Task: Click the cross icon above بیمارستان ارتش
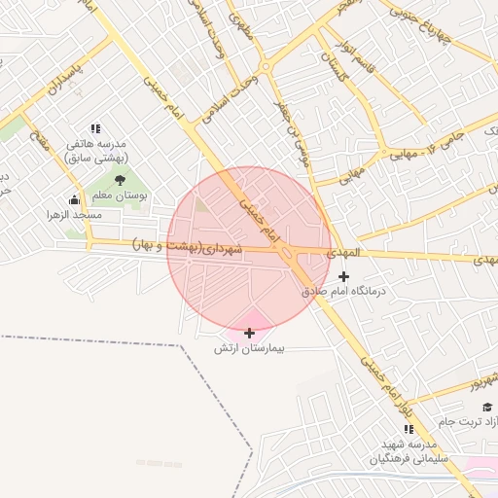pyautogui.click(x=250, y=333)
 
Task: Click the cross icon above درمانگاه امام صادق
pyautogui.click(x=343, y=277)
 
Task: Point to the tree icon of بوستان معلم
pyautogui.click(x=120, y=180)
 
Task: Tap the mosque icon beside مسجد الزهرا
pyautogui.click(x=75, y=200)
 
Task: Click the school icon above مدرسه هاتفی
pyautogui.click(x=95, y=128)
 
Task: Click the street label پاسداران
pyautogui.click(x=68, y=85)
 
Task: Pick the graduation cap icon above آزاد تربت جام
pyautogui.click(x=486, y=407)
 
